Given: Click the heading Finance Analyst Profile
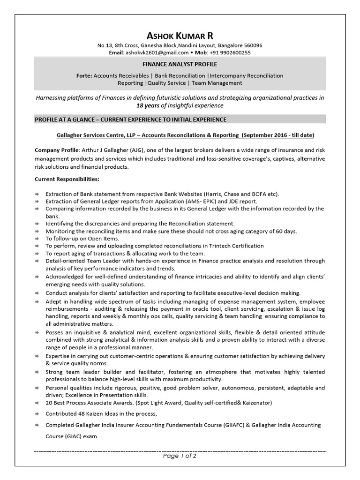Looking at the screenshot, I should tap(180, 64).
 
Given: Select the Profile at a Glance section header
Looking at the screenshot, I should tap(131, 120).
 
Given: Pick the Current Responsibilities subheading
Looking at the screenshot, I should tap(67, 179).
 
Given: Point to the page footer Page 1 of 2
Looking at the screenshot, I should tap(180, 456).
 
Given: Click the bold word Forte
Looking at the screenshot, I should tap(83, 75).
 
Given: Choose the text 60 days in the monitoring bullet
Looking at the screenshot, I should tap(286, 231).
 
